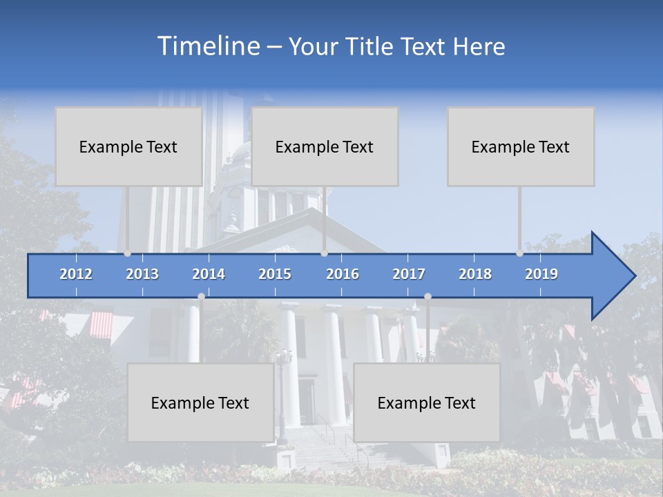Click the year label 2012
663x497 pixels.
tap(76, 274)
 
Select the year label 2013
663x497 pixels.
tap(142, 274)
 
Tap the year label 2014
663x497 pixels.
tap(209, 274)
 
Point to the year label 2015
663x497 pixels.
tap(275, 274)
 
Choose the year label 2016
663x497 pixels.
tap(343, 274)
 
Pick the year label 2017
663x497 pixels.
tap(409, 274)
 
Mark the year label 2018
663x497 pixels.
tap(475, 274)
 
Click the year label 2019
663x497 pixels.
tap(541, 274)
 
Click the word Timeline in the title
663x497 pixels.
tap(208, 46)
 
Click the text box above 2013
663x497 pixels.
tap(128, 146)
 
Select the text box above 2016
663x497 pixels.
tap(325, 146)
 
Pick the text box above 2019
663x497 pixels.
tap(521, 146)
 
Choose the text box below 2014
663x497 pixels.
tap(200, 402)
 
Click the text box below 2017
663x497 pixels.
tap(427, 402)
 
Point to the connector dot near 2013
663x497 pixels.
tap(128, 253)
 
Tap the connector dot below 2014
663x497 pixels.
tap(201, 297)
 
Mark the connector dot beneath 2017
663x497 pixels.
tap(427, 297)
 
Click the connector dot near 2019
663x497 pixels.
tap(520, 253)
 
